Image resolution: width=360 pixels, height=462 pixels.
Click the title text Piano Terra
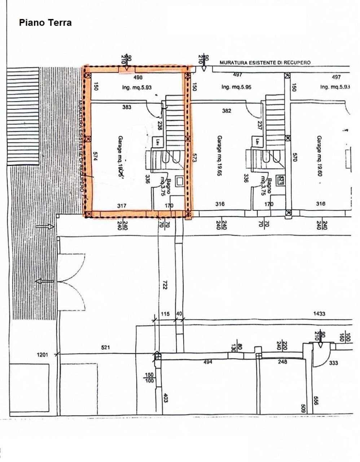pos(45,23)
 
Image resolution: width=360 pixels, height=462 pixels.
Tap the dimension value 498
pos(138,77)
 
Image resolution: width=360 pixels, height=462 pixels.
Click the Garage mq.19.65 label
pos(219,155)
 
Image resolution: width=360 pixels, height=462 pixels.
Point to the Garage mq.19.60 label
pos(319,155)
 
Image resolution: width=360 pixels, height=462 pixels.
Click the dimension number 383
pos(127,107)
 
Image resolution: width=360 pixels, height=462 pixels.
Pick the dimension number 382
pos(227,111)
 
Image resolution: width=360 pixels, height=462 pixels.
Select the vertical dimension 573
pos(194,156)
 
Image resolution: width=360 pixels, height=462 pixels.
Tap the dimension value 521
pos(105,348)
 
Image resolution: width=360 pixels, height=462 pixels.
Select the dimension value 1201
pos(42,355)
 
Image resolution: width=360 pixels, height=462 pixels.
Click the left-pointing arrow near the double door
pos(44,281)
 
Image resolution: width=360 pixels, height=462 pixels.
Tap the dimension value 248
pos(282,362)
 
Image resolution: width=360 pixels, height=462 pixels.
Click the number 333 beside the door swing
pos(334,363)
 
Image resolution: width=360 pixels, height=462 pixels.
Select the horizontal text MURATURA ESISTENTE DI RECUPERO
pos(265,62)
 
